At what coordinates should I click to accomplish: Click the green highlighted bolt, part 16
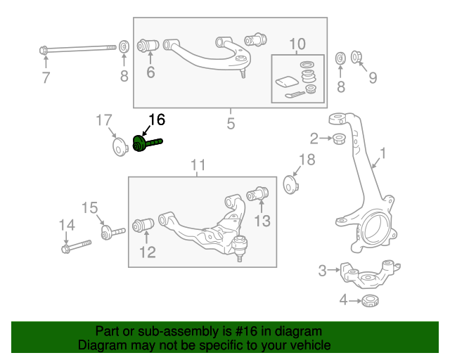pyautogui.click(x=146, y=143)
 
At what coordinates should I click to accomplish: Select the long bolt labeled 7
pyautogui.click(x=77, y=49)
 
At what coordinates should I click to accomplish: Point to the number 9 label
pyautogui.click(x=373, y=77)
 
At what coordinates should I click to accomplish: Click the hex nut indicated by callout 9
pyautogui.click(x=356, y=56)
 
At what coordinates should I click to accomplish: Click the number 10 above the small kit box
pyautogui.click(x=297, y=44)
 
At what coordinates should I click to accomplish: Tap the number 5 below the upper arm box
pyautogui.click(x=231, y=124)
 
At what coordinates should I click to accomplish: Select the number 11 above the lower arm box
pyautogui.click(x=198, y=165)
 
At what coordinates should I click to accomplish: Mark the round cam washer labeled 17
pyautogui.click(x=118, y=147)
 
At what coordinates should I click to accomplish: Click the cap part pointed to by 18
pyautogui.click(x=290, y=185)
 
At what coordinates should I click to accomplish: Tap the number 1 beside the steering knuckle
pyautogui.click(x=383, y=153)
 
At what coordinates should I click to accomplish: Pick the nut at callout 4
pyautogui.click(x=369, y=302)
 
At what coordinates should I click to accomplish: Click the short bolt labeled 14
pyautogui.click(x=77, y=246)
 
